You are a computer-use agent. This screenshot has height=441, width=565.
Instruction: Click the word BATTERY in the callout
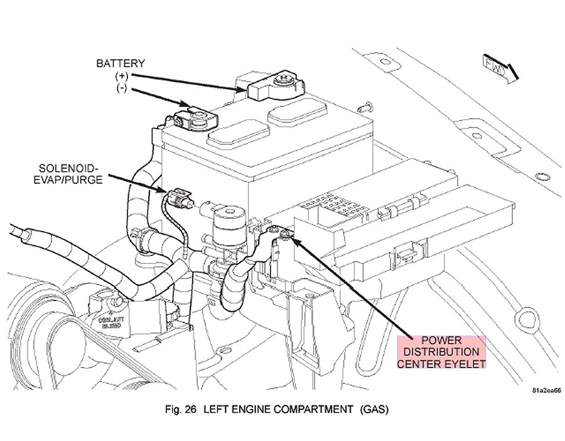(x=121, y=63)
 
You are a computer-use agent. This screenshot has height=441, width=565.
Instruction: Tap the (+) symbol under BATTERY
(x=121, y=75)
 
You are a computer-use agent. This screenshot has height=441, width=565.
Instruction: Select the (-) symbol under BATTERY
(x=121, y=87)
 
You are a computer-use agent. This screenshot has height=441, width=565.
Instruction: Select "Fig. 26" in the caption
(x=179, y=412)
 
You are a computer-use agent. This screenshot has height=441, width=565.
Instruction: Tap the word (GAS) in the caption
(x=375, y=412)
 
